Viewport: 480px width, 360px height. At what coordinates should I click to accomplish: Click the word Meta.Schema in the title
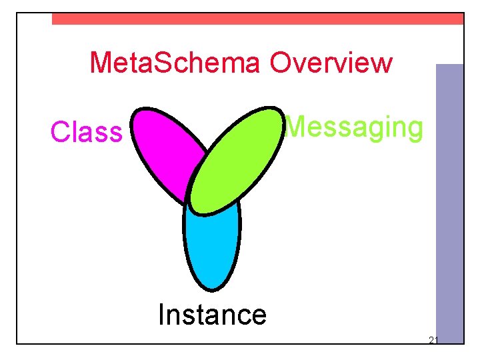tap(176, 63)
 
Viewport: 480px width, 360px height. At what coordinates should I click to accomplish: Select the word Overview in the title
tap(331, 63)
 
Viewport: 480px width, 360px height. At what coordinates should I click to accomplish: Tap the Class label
tap(87, 132)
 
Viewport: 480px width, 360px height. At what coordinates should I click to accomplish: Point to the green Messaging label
tap(354, 127)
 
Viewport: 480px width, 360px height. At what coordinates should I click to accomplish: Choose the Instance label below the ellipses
tap(212, 314)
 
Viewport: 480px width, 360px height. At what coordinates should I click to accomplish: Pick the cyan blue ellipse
tap(211, 247)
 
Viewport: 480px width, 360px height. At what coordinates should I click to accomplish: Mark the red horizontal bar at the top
tap(257, 19)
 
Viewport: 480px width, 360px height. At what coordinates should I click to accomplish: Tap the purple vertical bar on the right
tap(449, 200)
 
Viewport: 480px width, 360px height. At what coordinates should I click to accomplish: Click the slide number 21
tap(433, 341)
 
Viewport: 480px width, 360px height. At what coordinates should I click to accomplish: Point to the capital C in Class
tap(60, 132)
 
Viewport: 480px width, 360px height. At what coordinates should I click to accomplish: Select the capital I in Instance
tap(161, 314)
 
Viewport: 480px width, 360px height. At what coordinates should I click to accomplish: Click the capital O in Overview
tap(281, 63)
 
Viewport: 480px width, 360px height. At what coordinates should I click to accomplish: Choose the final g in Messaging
tap(414, 129)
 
